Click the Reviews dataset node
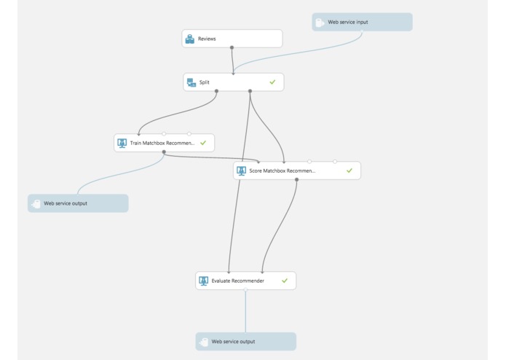pos(232,39)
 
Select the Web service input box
pos(362,22)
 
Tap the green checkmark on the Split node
pos(272,82)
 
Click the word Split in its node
pos(205,82)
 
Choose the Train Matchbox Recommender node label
pos(162,144)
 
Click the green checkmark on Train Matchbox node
pos(203,143)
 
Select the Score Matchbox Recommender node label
pos(282,171)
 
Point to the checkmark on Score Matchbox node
pos(349,171)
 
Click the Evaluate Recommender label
pos(237,281)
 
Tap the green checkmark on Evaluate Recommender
pos(285,281)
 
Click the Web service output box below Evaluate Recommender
pos(245,341)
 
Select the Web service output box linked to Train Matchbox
pos(78,203)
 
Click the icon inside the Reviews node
pos(190,39)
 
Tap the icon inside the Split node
pos(191,82)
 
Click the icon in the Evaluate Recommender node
pos(204,281)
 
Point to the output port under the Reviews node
pos(232,48)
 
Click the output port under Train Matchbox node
pos(164,152)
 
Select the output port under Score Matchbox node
pos(296,180)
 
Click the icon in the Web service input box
pos(319,23)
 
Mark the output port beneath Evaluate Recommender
pos(245,290)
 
